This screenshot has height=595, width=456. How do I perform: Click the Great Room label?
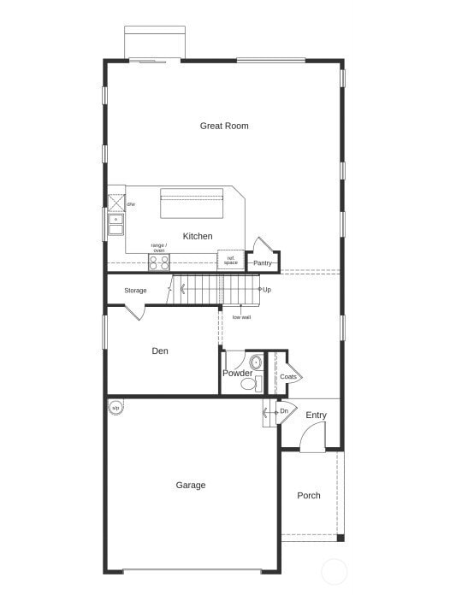point(224,126)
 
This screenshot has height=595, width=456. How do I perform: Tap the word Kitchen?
point(198,236)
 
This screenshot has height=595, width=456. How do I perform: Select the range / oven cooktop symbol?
point(159,262)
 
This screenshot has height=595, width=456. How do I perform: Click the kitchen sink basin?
point(115,225)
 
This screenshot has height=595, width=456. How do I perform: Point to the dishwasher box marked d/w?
point(116,203)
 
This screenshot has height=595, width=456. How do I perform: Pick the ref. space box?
point(231,260)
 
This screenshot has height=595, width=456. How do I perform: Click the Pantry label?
point(263,262)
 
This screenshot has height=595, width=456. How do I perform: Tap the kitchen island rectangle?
point(192,203)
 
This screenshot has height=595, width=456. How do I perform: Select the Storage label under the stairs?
point(135,291)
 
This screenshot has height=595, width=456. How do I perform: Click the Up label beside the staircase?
point(267,290)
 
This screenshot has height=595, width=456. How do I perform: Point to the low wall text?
point(241,317)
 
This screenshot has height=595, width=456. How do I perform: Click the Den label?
point(160,351)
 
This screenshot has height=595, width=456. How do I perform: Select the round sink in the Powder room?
point(255,362)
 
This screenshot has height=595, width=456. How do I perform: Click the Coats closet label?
point(288,376)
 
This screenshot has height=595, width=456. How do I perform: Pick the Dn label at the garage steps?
point(283,411)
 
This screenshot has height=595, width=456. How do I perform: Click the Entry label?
point(317,415)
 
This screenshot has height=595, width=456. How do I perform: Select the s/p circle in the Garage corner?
point(115,408)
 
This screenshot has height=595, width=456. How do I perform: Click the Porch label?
point(309,496)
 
